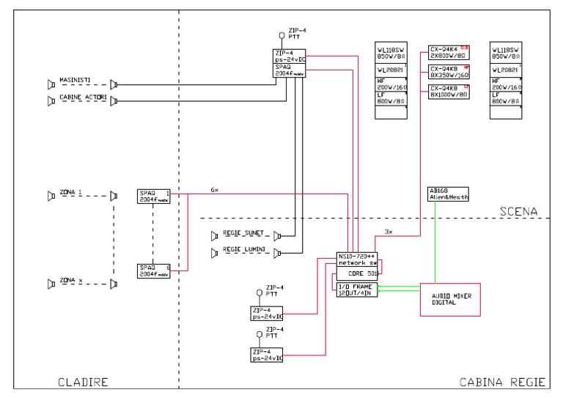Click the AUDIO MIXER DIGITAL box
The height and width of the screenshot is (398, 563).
click(450, 299)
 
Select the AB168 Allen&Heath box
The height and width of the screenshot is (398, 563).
click(447, 194)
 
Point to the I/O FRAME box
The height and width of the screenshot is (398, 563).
click(356, 290)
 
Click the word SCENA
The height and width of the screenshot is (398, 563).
click(519, 211)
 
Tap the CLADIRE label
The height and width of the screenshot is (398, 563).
click(84, 382)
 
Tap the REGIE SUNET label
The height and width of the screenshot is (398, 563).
click(242, 235)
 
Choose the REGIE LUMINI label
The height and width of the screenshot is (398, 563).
click(243, 251)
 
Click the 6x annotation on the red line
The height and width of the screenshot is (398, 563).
click(214, 188)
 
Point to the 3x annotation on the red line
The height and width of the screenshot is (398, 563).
click(389, 232)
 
